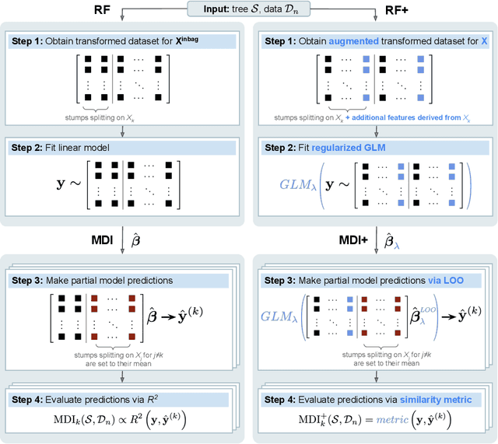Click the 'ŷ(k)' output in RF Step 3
(209, 316)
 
